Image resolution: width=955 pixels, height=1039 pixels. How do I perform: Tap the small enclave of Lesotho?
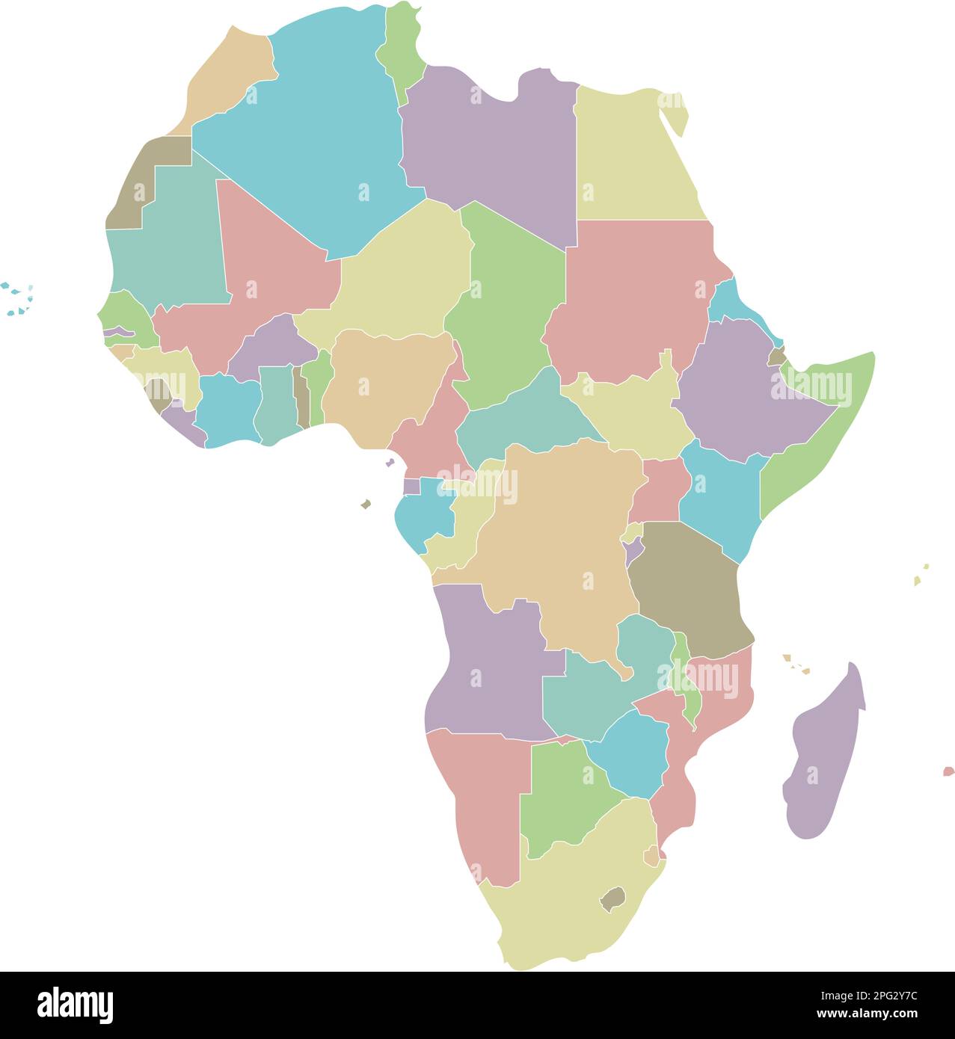click(x=612, y=898)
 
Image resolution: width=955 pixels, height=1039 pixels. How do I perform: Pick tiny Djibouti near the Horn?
click(x=777, y=357)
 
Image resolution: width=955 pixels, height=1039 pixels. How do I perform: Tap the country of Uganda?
click(x=658, y=490)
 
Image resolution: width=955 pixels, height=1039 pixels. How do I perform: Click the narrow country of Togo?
click(x=300, y=396)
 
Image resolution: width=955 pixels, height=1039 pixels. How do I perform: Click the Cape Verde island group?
click(x=19, y=299)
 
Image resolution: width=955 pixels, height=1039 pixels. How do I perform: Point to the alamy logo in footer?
click(x=75, y=1005)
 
